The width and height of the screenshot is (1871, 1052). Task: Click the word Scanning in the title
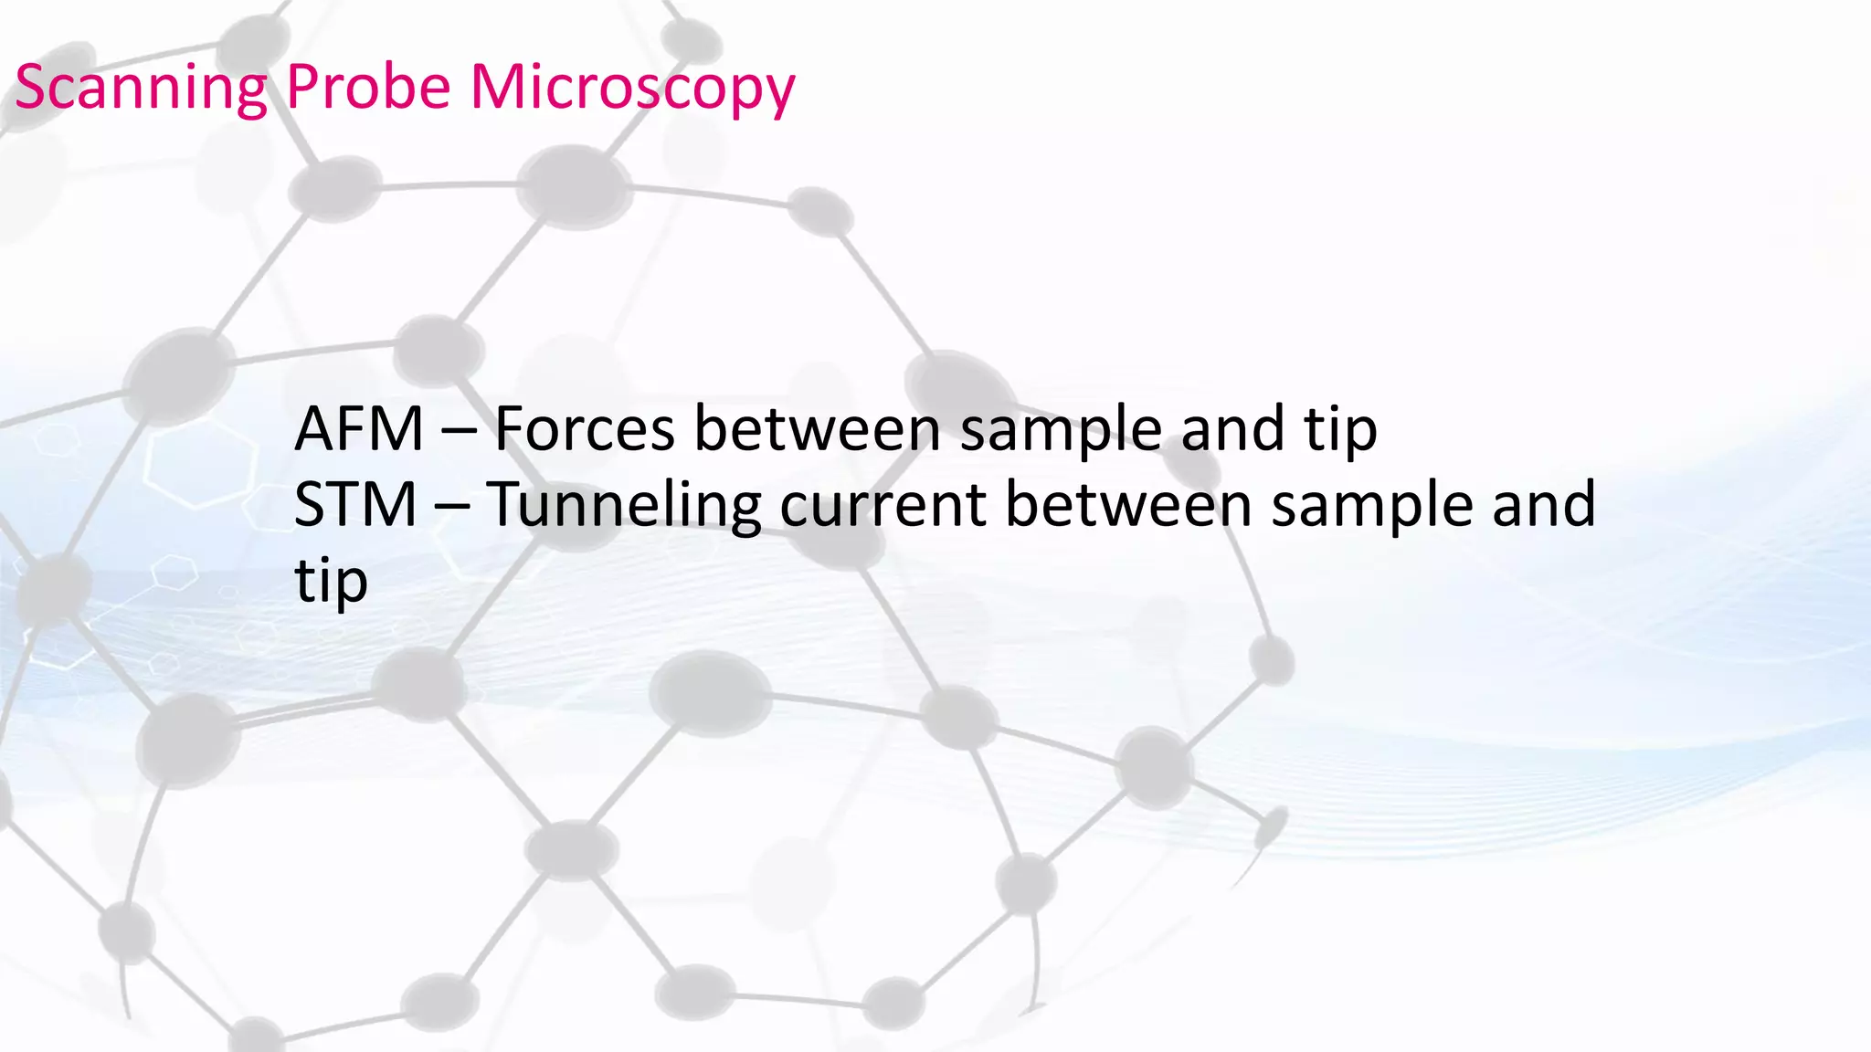pos(140,89)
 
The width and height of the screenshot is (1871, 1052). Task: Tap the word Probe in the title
pos(368,89)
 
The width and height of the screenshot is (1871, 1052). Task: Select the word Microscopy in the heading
pos(632,89)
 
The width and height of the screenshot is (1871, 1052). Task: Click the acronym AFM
pos(359,429)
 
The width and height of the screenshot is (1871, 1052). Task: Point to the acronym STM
pos(355,505)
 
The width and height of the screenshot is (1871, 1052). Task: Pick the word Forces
pos(585,429)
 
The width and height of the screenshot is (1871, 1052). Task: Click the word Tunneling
pos(624,505)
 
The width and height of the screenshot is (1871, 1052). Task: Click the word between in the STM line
pos(1127,505)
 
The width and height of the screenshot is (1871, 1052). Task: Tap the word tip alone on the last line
pos(331,582)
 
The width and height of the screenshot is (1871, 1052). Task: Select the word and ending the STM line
pos(1543,505)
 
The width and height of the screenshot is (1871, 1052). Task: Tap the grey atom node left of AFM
pos(179,376)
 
